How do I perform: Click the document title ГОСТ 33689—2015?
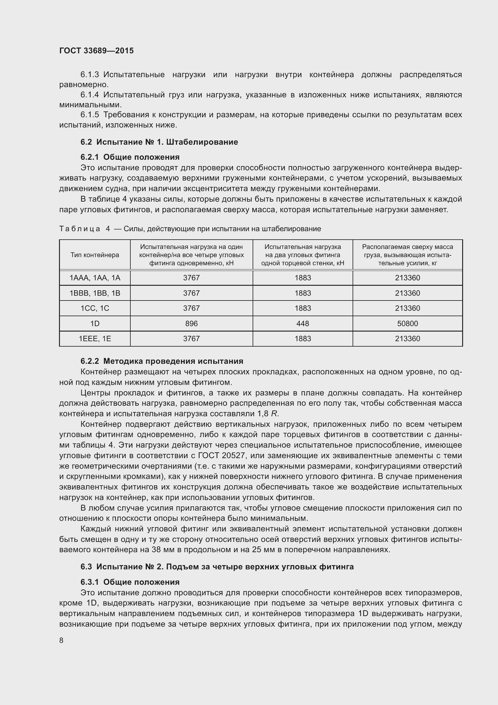(96, 51)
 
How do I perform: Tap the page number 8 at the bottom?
(61, 640)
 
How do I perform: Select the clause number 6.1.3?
(89, 75)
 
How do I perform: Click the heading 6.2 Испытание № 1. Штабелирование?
(159, 142)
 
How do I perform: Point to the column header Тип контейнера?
(95, 255)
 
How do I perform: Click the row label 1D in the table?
(95, 323)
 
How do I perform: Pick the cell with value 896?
(191, 323)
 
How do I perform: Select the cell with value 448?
(303, 323)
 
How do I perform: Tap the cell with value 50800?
(407, 323)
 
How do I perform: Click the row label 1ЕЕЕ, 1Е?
(95, 339)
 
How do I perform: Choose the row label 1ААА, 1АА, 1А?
(95, 278)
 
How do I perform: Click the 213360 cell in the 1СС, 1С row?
(407, 308)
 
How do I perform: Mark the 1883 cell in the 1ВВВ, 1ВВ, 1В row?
(303, 293)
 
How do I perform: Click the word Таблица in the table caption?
(79, 229)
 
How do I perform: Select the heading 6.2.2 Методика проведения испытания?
(162, 361)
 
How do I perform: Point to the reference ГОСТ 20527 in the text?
(223, 456)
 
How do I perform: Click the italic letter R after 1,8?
(274, 414)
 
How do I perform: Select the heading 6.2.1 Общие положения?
(130, 157)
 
